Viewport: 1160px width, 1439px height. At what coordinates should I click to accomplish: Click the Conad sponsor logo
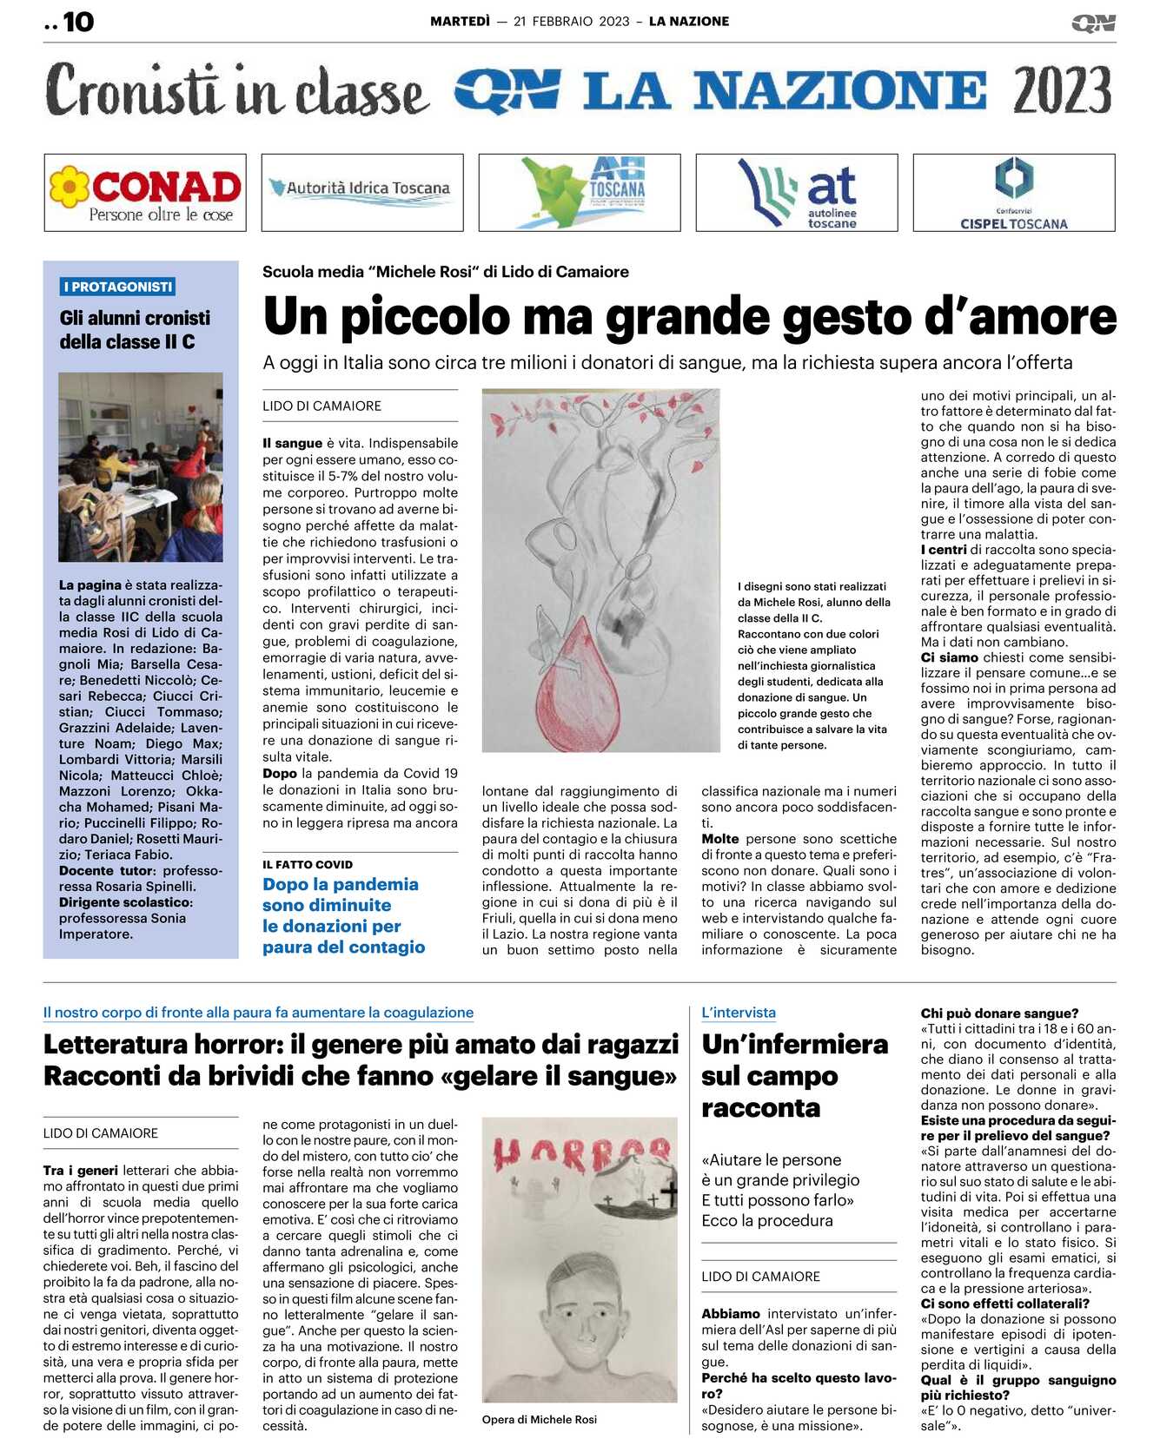(145, 193)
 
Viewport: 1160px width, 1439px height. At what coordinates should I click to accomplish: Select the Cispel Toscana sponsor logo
(1013, 193)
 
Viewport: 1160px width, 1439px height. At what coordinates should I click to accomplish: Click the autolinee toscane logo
(797, 193)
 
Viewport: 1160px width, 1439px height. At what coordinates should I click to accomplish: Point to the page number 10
(77, 22)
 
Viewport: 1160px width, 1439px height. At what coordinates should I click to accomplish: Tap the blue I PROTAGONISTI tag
(118, 287)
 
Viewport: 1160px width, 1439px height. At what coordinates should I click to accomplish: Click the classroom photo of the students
(141, 466)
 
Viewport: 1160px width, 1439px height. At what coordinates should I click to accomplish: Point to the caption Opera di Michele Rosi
(540, 1419)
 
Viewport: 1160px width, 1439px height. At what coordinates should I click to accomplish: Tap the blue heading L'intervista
(739, 1013)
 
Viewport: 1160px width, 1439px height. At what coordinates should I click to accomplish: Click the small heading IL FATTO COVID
(308, 864)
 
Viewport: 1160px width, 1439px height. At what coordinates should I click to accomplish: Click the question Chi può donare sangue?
(999, 1013)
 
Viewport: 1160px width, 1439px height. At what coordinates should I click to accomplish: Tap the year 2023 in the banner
(1061, 90)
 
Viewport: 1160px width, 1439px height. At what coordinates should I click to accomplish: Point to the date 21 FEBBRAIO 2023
(571, 22)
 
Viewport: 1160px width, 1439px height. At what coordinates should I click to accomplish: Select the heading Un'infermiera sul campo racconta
(794, 1075)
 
